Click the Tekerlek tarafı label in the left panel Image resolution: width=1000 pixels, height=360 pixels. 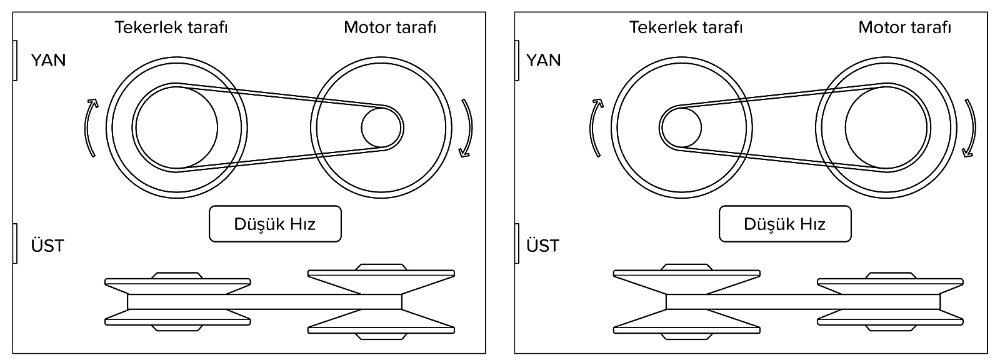pos(171,28)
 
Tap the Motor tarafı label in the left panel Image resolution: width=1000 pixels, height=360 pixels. pos(390,28)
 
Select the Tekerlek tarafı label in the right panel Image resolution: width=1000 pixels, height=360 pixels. pos(686,28)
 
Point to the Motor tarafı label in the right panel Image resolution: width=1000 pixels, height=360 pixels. pos(904,28)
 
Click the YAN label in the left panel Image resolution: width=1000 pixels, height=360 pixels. pos(48,61)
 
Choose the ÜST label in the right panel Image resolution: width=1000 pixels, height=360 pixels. pos(542,246)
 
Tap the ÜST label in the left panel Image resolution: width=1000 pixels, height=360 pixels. pos(47,246)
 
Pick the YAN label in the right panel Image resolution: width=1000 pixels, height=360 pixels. pos(544,61)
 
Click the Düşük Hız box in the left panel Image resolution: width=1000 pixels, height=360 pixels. pos(275,224)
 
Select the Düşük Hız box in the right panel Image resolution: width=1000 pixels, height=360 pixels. pos(785,224)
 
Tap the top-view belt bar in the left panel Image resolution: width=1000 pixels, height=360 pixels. pos(264,302)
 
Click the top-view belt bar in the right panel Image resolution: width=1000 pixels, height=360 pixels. pos(803,302)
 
